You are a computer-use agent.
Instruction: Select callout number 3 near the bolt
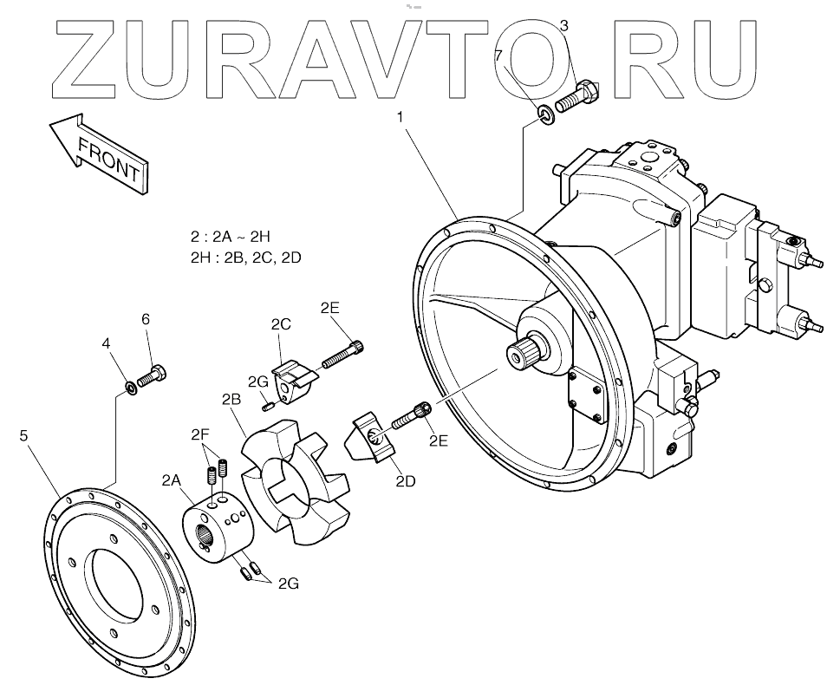coord(563,26)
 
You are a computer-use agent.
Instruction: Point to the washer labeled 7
coord(544,113)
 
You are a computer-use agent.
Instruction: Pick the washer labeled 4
coord(129,385)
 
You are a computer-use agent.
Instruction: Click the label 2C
coord(280,325)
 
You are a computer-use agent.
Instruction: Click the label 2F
coord(201,434)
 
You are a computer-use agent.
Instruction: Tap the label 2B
coord(231,400)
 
